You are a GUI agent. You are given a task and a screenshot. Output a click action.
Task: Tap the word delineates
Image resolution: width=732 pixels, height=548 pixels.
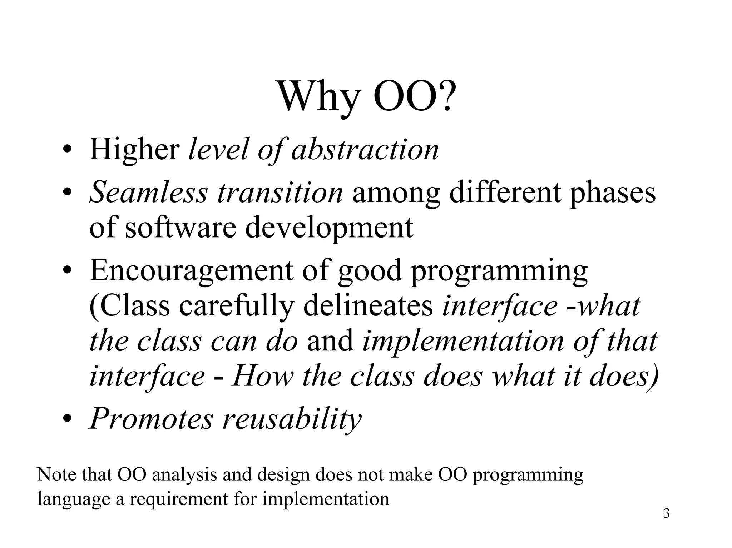[x=368, y=306]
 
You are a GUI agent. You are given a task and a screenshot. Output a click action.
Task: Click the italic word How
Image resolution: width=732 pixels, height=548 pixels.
[x=262, y=377]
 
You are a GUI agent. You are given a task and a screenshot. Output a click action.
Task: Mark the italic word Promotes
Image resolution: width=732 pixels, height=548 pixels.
[x=151, y=419]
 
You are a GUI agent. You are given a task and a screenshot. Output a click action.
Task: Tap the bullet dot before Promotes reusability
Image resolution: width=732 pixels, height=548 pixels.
[x=67, y=419]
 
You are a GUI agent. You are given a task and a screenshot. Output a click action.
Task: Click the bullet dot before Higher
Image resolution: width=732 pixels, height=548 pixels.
[x=67, y=150]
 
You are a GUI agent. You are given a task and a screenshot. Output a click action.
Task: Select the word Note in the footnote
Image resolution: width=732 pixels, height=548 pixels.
[x=57, y=475]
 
